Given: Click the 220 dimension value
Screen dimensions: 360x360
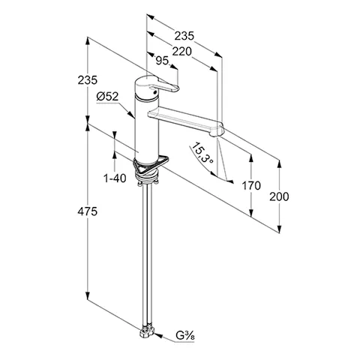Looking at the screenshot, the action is click(x=182, y=52).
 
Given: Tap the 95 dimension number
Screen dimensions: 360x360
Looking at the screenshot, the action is click(x=162, y=61).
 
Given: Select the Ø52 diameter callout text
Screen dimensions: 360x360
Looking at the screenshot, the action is click(x=107, y=97).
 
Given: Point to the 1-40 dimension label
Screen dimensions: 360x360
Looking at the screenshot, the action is click(x=115, y=178).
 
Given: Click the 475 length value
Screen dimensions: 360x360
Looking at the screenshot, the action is click(x=87, y=211).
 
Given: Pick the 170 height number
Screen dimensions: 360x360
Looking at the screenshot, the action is click(x=251, y=185).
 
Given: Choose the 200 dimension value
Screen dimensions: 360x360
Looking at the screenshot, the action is click(x=279, y=196).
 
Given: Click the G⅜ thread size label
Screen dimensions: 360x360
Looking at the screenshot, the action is click(x=185, y=336).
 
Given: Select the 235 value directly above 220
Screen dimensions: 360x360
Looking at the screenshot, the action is click(x=184, y=36).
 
